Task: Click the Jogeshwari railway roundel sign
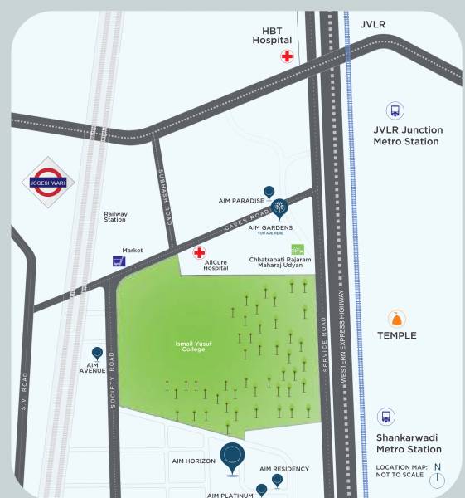[x=48, y=183]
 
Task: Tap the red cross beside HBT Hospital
[x=287, y=56]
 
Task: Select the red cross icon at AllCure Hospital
[x=200, y=252]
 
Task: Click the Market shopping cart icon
[x=119, y=261]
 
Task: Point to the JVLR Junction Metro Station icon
[x=395, y=110]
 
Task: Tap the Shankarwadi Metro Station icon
[x=385, y=417]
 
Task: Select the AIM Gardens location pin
[x=280, y=208]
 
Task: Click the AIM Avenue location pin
[x=97, y=354]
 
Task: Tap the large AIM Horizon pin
[x=233, y=457]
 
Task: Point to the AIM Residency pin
[x=277, y=481]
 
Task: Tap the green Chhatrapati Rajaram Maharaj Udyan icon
[x=297, y=249]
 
